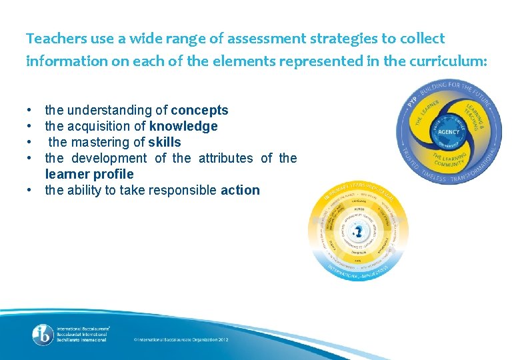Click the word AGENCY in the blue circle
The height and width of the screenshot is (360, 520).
pos(449,132)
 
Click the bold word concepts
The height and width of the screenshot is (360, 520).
pos(199,110)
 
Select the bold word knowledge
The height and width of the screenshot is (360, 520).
pos(183,126)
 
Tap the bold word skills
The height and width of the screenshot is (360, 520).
pos(164,142)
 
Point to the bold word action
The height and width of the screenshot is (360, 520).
pos(240,190)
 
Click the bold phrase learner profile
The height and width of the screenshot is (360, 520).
pos(89,174)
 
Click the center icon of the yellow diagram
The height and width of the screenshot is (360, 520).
pos(358,231)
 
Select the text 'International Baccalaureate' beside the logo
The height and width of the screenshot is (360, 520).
pos(83,329)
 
